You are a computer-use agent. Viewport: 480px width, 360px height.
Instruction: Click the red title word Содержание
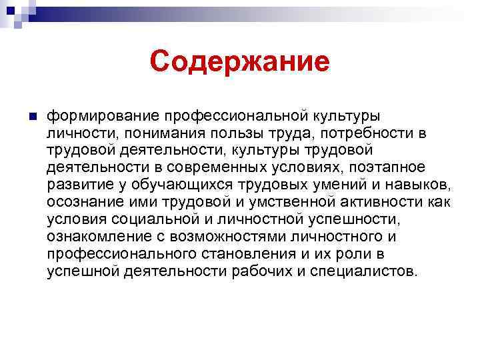point(239,62)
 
